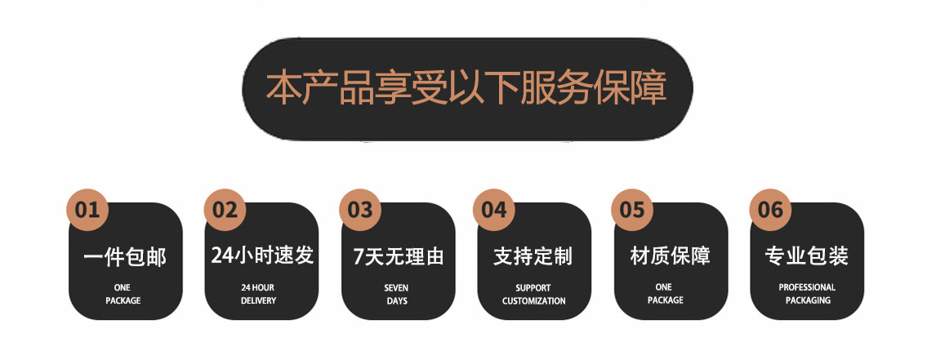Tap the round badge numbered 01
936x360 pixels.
tap(87, 210)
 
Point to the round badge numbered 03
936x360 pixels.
tap(360, 210)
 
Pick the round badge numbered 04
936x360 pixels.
tap(494, 210)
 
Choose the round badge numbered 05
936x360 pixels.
tap(632, 210)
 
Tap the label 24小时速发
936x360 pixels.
tap(262, 256)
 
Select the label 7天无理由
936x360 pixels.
tap(398, 256)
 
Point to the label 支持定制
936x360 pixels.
tap(533, 256)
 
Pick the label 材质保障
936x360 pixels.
tap(671, 256)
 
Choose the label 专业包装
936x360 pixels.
tap(806, 256)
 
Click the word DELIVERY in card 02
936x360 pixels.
tap(259, 301)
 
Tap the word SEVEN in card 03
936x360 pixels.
tap(396, 288)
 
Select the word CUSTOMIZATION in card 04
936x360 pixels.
tap(533, 301)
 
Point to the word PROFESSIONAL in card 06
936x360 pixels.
tap(807, 287)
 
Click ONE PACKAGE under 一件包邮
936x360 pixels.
tap(123, 295)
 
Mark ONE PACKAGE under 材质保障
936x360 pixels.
tap(665, 294)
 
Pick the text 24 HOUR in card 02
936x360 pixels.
tap(258, 288)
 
